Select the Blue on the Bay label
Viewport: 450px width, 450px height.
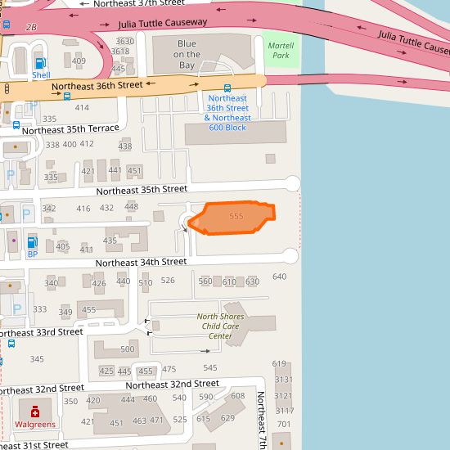tap(187, 54)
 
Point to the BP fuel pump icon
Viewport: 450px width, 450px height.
tap(33, 242)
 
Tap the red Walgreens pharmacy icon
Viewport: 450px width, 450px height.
tap(35, 412)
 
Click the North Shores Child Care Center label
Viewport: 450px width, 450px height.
tap(220, 326)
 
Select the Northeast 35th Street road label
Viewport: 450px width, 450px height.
tap(142, 190)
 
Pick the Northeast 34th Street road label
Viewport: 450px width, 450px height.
tap(141, 263)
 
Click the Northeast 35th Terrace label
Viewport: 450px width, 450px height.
tap(70, 129)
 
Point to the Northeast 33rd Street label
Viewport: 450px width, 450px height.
tap(41, 332)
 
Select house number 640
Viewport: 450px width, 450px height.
tap(279, 277)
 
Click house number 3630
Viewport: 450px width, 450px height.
tap(125, 42)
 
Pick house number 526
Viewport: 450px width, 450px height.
tap(168, 281)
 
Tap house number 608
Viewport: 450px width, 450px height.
tap(237, 396)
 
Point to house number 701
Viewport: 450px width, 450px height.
tap(284, 424)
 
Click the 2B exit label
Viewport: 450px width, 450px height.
tap(31, 27)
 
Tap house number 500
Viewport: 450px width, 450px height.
tap(127, 349)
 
